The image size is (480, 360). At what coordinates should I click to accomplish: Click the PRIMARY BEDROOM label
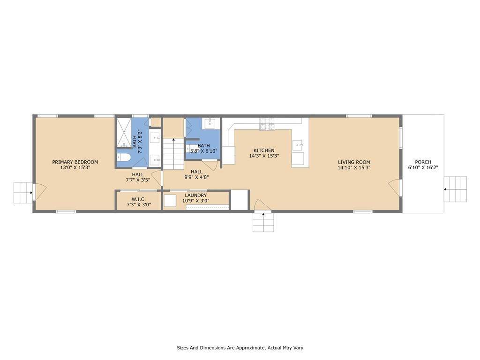[75, 162]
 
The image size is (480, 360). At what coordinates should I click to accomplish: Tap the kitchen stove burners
[267, 124]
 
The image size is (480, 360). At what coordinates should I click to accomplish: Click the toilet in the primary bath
[124, 157]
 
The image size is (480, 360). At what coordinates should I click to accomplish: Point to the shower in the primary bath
[124, 133]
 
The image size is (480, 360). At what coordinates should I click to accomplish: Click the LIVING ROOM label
[354, 162]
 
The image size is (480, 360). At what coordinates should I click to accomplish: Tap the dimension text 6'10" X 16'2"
[423, 167]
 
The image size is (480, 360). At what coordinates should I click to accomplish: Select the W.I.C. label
[139, 199]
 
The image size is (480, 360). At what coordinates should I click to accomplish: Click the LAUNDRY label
[196, 195]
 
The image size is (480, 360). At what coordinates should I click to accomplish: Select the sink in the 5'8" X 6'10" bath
[210, 124]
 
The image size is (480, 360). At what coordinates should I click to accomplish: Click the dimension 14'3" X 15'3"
[264, 156]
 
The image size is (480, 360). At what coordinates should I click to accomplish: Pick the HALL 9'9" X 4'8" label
[196, 174]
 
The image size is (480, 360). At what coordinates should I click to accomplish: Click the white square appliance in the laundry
[170, 201]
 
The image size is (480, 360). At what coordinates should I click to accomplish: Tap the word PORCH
[423, 162]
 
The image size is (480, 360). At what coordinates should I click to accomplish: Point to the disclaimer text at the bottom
[240, 348]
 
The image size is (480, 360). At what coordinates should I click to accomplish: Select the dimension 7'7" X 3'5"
[138, 180]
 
